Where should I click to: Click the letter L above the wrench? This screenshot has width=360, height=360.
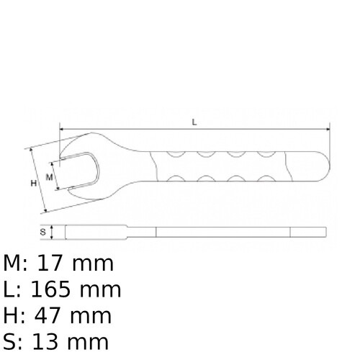pos(194,122)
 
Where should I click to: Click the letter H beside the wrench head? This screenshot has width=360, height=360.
pos(33,184)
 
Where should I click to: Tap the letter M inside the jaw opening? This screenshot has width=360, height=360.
pos(49,176)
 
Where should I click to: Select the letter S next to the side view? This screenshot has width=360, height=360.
pos(43,232)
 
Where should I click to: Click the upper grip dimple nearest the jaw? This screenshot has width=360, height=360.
pos(174,153)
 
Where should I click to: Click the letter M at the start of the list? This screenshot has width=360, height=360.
pos(12,264)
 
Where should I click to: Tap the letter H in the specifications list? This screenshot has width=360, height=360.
pos(10,315)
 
